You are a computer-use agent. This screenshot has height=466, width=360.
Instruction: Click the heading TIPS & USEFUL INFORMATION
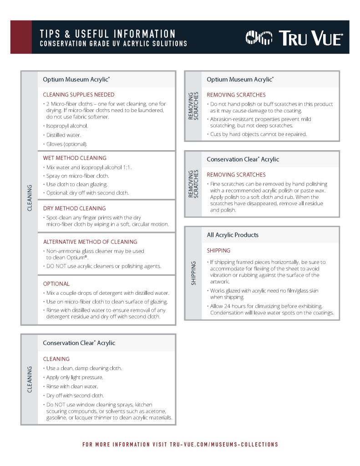(x=107, y=34)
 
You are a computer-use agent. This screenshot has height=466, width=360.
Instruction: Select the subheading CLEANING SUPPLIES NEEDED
(x=79, y=95)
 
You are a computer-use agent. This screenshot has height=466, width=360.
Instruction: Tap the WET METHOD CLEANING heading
(x=75, y=158)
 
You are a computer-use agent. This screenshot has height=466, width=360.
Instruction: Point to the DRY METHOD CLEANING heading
(x=74, y=208)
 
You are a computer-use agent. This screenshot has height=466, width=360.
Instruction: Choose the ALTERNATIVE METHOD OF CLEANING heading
(x=90, y=242)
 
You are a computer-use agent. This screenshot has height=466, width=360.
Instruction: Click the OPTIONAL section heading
(x=56, y=284)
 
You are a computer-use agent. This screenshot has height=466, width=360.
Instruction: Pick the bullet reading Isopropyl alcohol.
(x=67, y=126)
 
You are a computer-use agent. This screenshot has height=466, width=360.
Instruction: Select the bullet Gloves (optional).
(x=66, y=144)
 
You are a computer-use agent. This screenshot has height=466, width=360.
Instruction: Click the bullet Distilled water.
(x=64, y=135)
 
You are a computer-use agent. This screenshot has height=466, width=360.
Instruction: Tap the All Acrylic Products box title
(x=233, y=235)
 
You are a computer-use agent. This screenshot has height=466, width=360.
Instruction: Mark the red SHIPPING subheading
(x=218, y=250)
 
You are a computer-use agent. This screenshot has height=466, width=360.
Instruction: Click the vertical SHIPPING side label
(x=193, y=273)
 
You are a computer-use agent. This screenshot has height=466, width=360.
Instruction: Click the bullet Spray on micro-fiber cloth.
(x=77, y=176)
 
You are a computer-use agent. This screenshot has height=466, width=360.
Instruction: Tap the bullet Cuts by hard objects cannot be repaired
(x=258, y=134)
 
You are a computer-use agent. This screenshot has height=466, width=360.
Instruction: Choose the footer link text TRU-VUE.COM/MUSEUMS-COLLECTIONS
(x=224, y=444)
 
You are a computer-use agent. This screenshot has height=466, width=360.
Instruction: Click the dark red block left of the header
(x=21, y=37)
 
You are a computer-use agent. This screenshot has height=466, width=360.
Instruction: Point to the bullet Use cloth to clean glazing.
(x=77, y=184)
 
